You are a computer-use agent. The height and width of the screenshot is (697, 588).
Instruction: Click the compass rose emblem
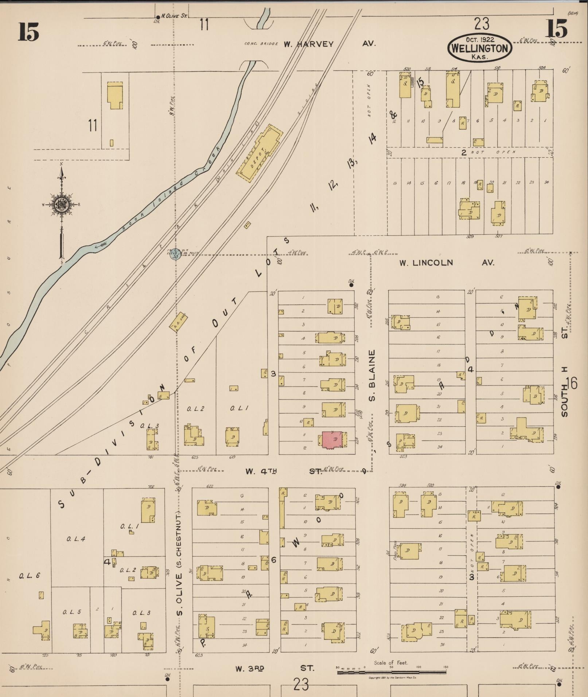click(x=61, y=205)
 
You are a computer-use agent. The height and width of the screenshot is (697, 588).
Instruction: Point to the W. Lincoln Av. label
click(x=447, y=263)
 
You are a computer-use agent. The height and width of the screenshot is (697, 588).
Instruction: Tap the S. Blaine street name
click(x=372, y=375)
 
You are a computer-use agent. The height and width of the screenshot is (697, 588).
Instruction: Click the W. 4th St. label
click(x=284, y=471)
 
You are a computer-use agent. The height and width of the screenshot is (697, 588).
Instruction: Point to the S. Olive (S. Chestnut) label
click(x=179, y=565)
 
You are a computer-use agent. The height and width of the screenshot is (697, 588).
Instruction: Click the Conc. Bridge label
click(x=261, y=44)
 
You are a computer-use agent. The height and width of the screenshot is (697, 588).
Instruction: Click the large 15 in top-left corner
click(x=28, y=32)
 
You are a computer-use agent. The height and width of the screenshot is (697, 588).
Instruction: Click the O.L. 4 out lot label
click(x=75, y=539)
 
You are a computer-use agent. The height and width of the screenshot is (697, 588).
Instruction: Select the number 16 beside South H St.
click(x=572, y=383)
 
